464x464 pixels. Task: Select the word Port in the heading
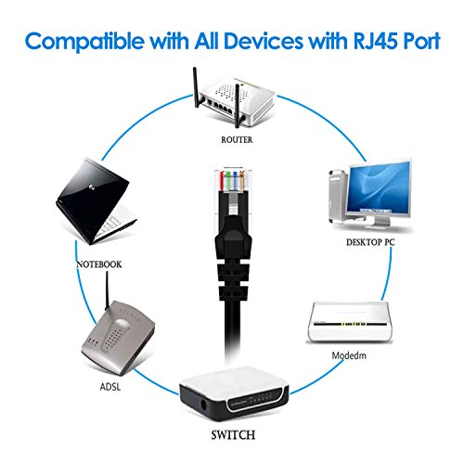pos(412,44)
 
